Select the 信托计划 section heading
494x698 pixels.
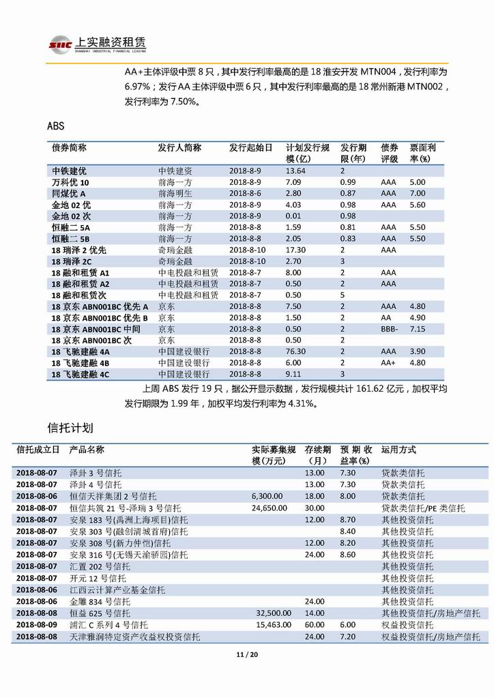(70, 428)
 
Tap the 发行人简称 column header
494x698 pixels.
(179, 147)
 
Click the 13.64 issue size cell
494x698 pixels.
(295, 171)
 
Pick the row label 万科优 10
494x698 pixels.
(70, 182)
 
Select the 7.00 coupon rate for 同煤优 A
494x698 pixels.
(417, 193)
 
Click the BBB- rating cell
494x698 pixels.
(390, 329)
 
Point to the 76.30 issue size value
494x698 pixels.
(295, 351)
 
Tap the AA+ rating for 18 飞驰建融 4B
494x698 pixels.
(389, 362)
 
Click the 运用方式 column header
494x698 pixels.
(398, 450)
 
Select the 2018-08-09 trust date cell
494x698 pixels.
(37, 624)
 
